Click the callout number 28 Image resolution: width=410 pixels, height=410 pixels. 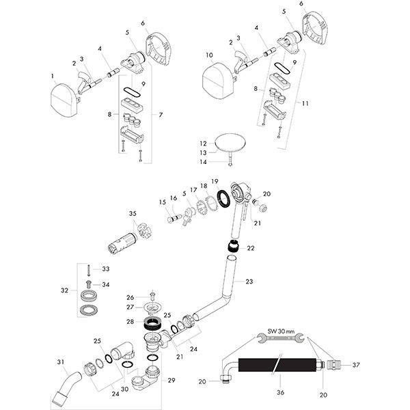(x=130, y=321)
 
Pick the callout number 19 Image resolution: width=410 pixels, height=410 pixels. (x=215, y=182)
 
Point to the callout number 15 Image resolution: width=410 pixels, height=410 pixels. (x=162, y=202)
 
